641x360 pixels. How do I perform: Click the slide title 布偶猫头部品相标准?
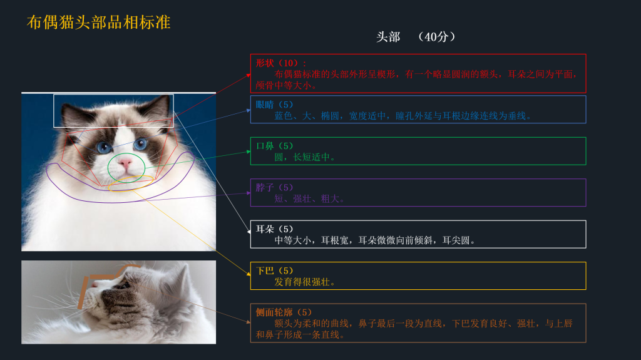pyautogui.click(x=98, y=22)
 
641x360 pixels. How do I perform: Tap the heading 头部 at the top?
pyautogui.click(x=388, y=37)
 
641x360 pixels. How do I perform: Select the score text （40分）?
pyautogui.click(x=436, y=37)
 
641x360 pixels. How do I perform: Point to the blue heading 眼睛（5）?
pyautogui.click(x=274, y=105)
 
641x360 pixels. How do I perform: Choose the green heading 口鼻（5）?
pyautogui.click(x=274, y=146)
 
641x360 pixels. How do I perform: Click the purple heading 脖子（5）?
pyautogui.click(x=274, y=188)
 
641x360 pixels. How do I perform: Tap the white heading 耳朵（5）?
pyautogui.click(x=274, y=229)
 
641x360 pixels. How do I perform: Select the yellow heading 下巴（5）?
pyautogui.click(x=274, y=271)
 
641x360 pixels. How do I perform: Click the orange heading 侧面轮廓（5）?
pyautogui.click(x=284, y=312)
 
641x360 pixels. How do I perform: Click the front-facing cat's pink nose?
pyautogui.click(x=125, y=163)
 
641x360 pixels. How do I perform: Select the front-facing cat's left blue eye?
pyautogui.click(x=104, y=147)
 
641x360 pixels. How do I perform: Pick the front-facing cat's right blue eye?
pyautogui.click(x=140, y=143)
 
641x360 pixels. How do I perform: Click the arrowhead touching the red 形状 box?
pyautogui.click(x=249, y=76)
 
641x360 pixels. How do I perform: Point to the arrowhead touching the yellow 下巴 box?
pyautogui.click(x=249, y=274)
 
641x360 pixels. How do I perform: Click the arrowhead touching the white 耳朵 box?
pyautogui.click(x=249, y=232)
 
